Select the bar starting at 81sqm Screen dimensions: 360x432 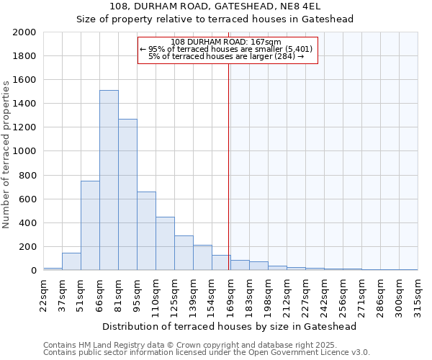coord(127,194)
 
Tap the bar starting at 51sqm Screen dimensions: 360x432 coord(90,225)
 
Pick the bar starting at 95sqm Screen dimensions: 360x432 coord(146,230)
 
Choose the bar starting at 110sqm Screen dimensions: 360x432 coord(165,243)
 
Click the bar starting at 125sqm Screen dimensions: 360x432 coord(184,253)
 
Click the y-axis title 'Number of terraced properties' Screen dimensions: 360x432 coord(6,155)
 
